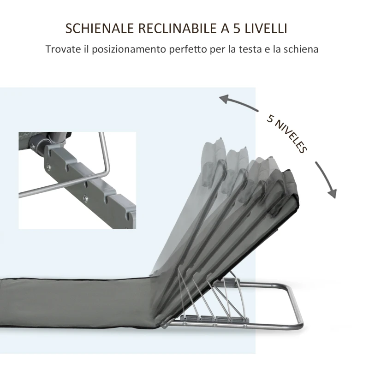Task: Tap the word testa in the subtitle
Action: tap(258, 49)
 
